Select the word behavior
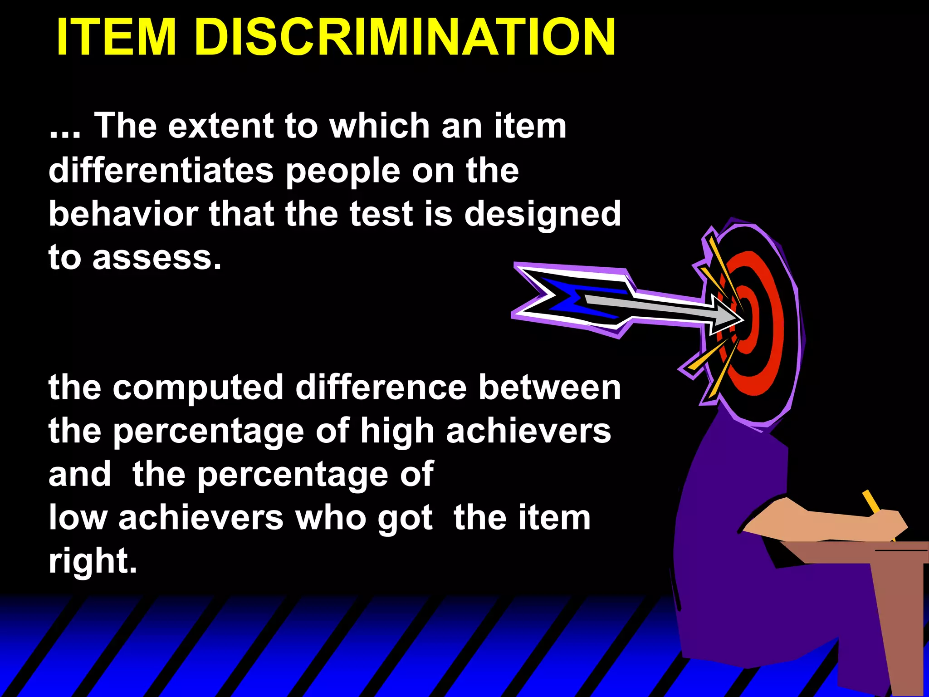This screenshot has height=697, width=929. pos(123,214)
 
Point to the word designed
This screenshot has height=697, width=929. pos(543,215)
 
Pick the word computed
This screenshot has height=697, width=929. pos(198,388)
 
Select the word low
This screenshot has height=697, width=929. pos(78,518)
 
